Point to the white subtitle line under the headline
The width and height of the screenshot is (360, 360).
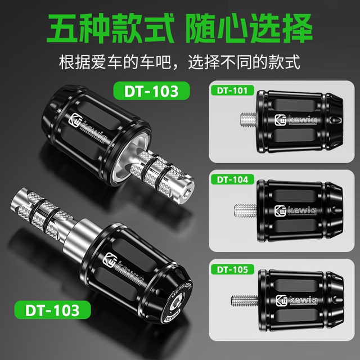(180, 61)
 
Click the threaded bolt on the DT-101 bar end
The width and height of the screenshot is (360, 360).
(248, 119)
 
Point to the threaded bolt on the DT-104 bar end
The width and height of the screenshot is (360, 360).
(243, 210)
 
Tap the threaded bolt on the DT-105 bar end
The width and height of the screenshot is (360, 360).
(243, 299)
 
